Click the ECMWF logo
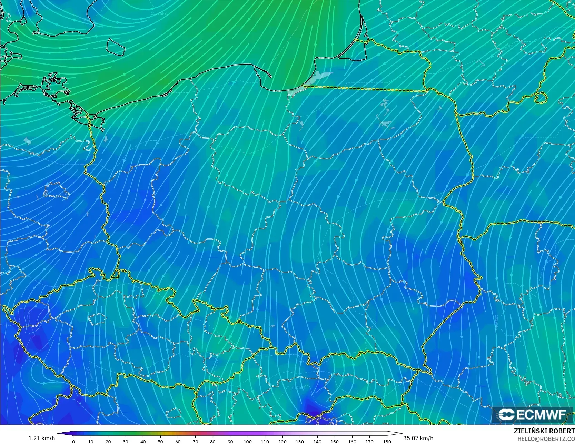point(532,414)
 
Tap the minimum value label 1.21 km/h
point(41,438)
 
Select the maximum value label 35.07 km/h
point(418,438)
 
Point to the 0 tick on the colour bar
point(73,441)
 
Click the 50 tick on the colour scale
point(160,441)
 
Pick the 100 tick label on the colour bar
point(247,441)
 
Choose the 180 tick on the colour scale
point(387,441)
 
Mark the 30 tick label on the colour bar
point(126,441)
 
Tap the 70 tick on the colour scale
point(195,441)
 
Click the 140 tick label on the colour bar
point(317,441)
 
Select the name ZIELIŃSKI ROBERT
point(544,431)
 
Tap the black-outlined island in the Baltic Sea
point(115,47)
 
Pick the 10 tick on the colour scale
point(91,441)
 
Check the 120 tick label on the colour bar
point(282,441)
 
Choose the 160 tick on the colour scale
point(352,441)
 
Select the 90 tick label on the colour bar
point(230,441)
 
